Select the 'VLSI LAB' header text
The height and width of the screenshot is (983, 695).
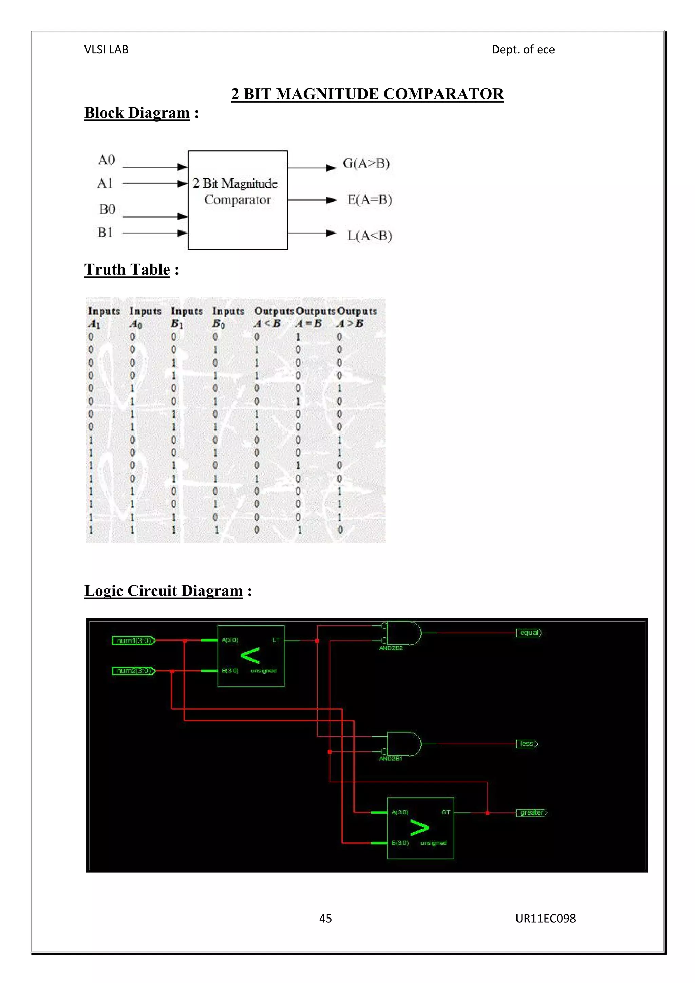coord(106,50)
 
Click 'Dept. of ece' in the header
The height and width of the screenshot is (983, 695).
coord(523,50)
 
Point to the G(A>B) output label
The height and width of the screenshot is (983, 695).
coord(366,163)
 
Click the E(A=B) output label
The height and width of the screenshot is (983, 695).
coord(369,200)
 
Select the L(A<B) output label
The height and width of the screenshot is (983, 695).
coord(369,236)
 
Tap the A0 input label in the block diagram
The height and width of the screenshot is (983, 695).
coord(106,160)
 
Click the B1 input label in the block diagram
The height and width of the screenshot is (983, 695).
coord(105,232)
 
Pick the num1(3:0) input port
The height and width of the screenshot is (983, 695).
coord(133,641)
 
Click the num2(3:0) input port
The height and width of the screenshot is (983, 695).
coord(133,670)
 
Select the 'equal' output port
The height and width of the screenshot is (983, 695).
coord(529,633)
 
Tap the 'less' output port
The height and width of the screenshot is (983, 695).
coord(527,744)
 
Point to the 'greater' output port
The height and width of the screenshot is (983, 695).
coord(531,812)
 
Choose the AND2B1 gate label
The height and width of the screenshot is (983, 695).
coord(390,758)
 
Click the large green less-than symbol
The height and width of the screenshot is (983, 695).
coord(250,655)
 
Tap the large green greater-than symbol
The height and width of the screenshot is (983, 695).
coord(419,828)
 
